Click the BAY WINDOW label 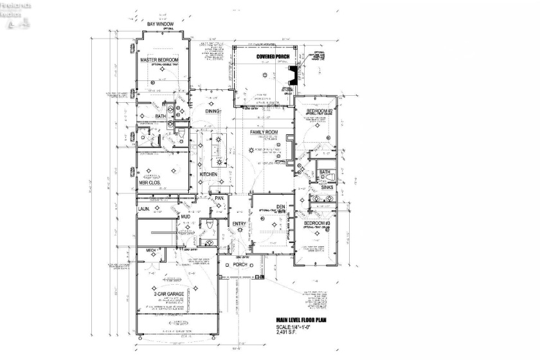pyautogui.click(x=160, y=24)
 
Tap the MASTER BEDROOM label pyautogui.click(x=159, y=60)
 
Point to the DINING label pyautogui.click(x=213, y=111)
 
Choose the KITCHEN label pyautogui.click(x=208, y=174)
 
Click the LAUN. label pyautogui.click(x=145, y=209)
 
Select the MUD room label pyautogui.click(x=185, y=217)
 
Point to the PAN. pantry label pyautogui.click(x=219, y=198)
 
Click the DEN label pyautogui.click(x=263, y=206)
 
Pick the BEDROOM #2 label pyautogui.click(x=318, y=111)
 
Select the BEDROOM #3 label pyautogui.click(x=317, y=223)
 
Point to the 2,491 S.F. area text pyautogui.click(x=289, y=334)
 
